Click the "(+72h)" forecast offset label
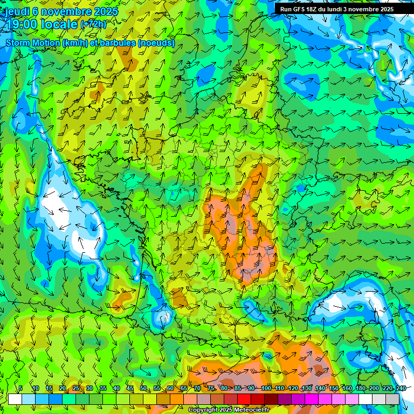point(93,24)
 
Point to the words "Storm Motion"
point(32,43)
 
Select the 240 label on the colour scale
point(401,388)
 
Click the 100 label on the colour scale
point(266,388)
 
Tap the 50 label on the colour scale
point(143,388)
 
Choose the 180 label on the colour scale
point(360,388)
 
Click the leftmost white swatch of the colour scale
point(15,399)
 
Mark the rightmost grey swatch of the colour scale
point(392,399)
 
